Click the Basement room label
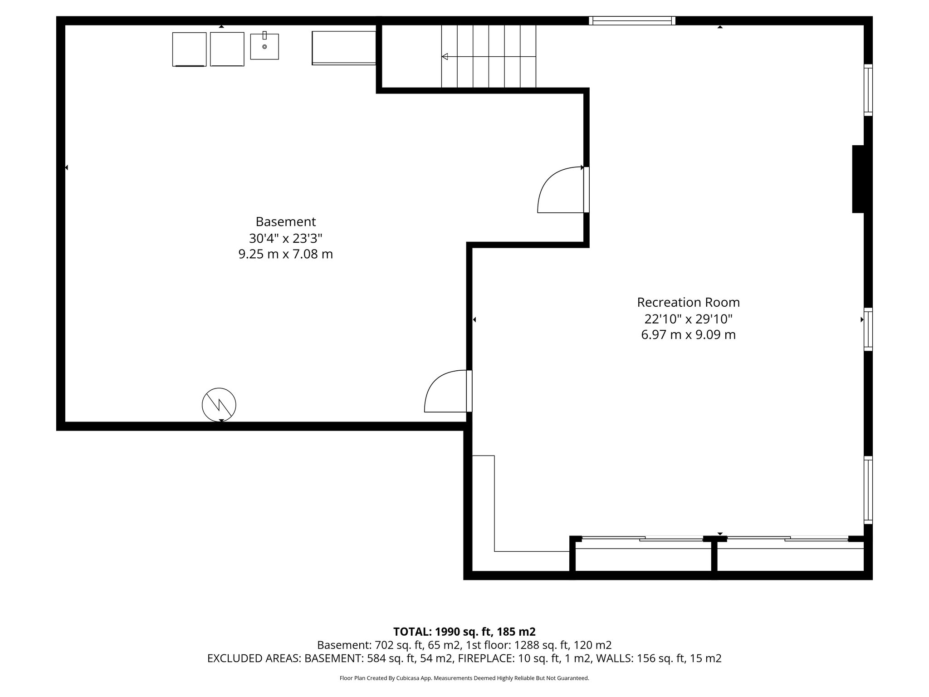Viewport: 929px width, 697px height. tap(285, 222)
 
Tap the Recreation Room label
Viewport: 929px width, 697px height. tap(688, 302)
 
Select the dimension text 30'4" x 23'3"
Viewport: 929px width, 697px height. tap(285, 238)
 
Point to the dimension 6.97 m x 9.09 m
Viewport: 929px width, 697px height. tap(688, 335)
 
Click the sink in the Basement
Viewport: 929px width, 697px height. tap(264, 46)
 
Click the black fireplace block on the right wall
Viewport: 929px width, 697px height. tap(858, 179)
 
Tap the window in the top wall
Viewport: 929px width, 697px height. tap(632, 20)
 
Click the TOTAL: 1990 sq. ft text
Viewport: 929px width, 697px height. tap(464, 632)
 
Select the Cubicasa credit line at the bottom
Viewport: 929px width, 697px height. tap(464, 678)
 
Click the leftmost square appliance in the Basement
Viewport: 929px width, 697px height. tap(189, 49)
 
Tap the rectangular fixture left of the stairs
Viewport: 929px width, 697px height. tap(344, 48)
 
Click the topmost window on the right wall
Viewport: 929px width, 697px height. tap(868, 90)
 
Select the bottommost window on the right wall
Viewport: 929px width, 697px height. tap(868, 490)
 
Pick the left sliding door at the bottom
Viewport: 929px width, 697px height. tap(642, 539)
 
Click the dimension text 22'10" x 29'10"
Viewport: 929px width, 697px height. tap(688, 319)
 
